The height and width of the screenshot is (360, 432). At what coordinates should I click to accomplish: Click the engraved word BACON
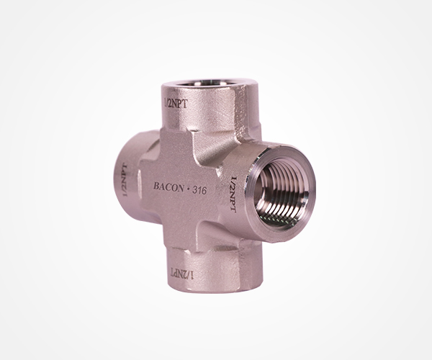pos(168,187)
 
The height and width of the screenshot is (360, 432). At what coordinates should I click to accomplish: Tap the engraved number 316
pos(199,190)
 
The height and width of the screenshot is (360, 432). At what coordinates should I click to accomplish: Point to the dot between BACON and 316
pos(188,189)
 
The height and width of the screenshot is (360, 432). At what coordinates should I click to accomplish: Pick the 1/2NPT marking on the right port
pos(233,194)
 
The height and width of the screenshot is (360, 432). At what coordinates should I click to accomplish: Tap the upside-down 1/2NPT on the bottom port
pos(182,274)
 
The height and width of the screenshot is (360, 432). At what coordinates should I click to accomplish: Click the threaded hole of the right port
pos(281,194)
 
